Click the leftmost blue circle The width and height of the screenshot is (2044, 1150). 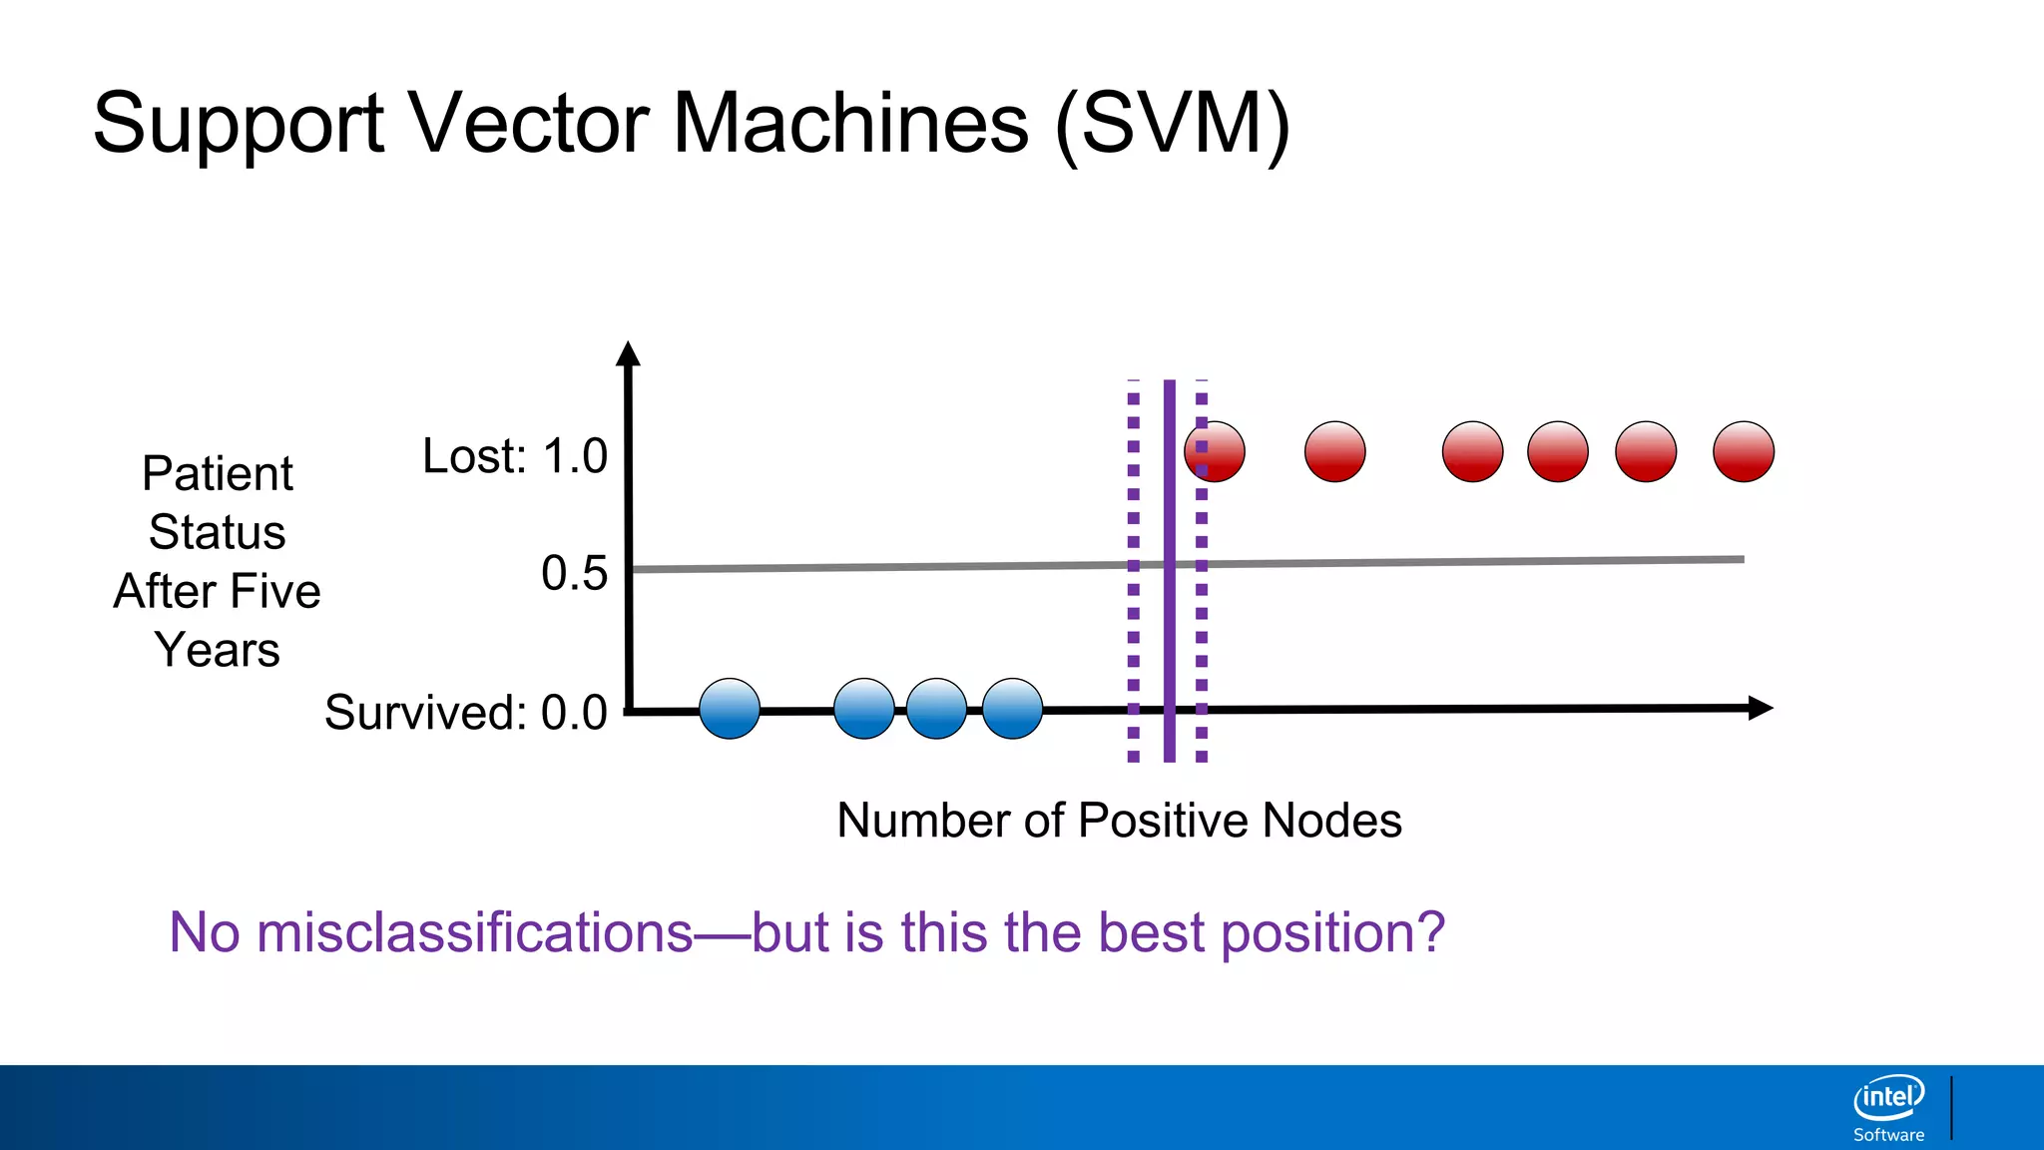(x=730, y=709)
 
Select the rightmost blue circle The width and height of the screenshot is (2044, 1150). (x=1012, y=709)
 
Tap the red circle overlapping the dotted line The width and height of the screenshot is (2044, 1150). (x=1216, y=451)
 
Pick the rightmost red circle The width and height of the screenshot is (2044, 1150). (x=1744, y=451)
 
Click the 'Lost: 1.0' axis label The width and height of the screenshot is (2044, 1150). (x=514, y=456)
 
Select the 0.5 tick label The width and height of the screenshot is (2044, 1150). (x=574, y=573)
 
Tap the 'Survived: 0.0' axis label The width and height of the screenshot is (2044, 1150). (x=465, y=713)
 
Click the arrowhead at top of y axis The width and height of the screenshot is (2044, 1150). (x=628, y=353)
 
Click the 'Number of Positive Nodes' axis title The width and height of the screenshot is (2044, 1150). (x=1119, y=821)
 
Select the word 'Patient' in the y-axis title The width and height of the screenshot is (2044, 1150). (x=217, y=473)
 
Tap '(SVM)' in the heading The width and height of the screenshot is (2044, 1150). (x=1172, y=125)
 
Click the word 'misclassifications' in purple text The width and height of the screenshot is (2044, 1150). (x=474, y=932)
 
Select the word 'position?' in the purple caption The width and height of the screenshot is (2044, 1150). (x=1332, y=932)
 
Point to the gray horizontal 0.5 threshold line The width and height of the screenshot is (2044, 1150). (x=898, y=567)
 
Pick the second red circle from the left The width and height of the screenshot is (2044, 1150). (x=1334, y=451)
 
